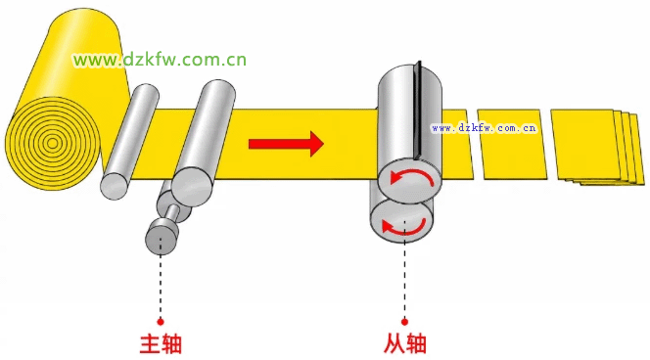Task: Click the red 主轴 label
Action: [x=161, y=343]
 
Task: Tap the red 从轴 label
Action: [x=405, y=343]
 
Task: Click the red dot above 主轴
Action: [x=161, y=322]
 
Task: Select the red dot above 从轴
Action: [x=404, y=322]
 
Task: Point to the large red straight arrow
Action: [x=286, y=144]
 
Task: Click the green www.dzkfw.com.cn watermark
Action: [x=160, y=60]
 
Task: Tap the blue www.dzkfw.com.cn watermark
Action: [x=484, y=128]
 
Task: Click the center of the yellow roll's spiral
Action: [x=52, y=144]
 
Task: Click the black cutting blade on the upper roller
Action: [x=417, y=110]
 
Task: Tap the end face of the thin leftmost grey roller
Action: [x=114, y=187]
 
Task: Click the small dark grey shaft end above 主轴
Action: [x=161, y=241]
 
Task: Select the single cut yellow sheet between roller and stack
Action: [x=512, y=144]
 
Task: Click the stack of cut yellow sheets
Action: [x=598, y=147]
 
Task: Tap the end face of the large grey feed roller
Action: [x=192, y=187]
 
